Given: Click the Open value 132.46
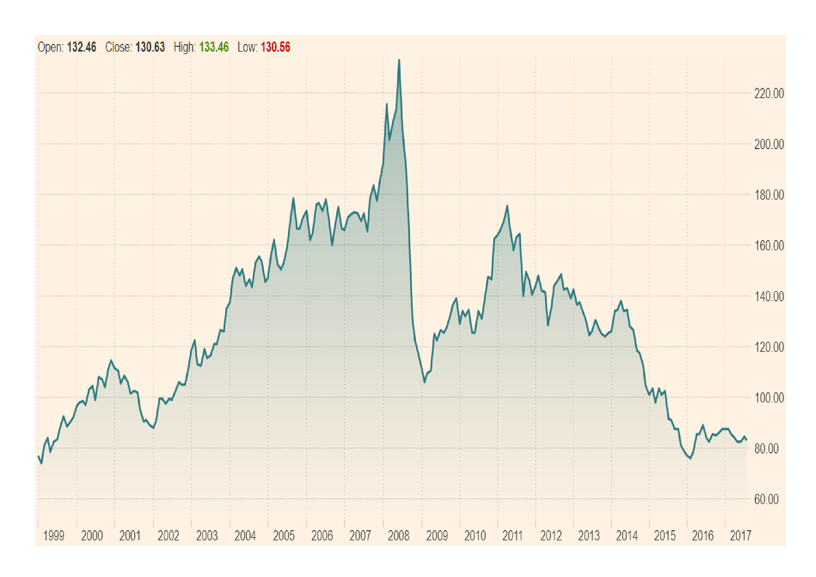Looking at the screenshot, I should [x=81, y=47].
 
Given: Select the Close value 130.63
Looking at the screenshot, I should [x=150, y=47].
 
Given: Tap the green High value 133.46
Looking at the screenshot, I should [x=214, y=47].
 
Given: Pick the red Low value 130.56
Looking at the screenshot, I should [x=276, y=47].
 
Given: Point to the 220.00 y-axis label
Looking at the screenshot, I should [x=769, y=94].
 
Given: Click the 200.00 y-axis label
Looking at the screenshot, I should [x=769, y=145].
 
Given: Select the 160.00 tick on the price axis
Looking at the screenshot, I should [x=769, y=246].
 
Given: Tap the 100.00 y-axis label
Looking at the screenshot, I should [x=769, y=398].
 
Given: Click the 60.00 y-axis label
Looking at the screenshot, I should [x=766, y=500].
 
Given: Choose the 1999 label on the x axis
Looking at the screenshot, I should [x=53, y=536].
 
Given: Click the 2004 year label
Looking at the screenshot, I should [x=245, y=536].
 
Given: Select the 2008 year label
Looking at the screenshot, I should [x=398, y=536].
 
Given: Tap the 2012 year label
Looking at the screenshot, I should [x=551, y=536].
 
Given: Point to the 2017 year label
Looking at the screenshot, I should [x=740, y=536].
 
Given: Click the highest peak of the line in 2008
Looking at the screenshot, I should [x=399, y=60].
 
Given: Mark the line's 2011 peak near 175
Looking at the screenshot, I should [x=507, y=206].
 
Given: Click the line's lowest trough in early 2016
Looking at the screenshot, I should [x=690, y=458].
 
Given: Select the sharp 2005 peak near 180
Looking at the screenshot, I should [x=293, y=198].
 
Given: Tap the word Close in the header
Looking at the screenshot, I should [x=119, y=47].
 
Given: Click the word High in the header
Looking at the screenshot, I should [x=185, y=47].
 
